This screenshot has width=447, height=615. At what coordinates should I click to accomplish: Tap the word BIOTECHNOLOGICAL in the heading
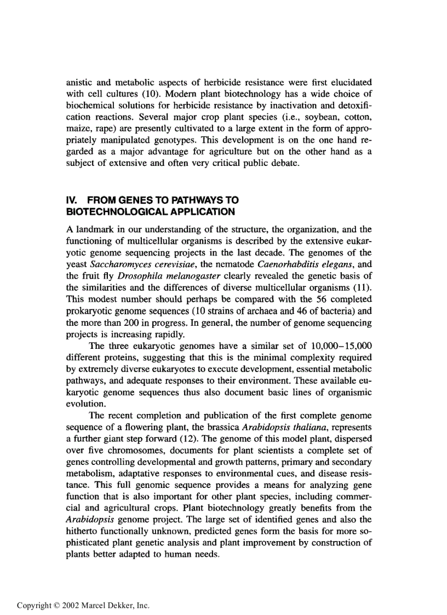112,211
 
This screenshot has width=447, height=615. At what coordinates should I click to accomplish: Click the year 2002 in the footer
72,605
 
